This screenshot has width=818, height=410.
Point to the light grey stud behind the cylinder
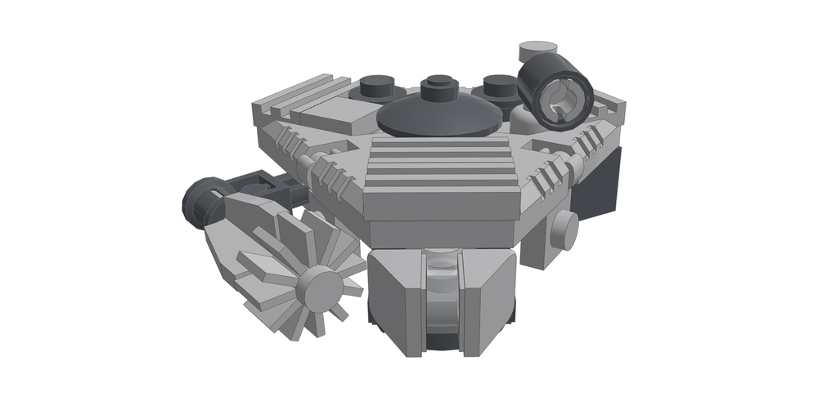coord(537,48)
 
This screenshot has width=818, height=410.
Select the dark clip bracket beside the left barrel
coord(254,185)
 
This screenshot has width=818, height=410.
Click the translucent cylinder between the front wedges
coord(442,302)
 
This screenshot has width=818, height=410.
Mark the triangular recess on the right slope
coord(544,147)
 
